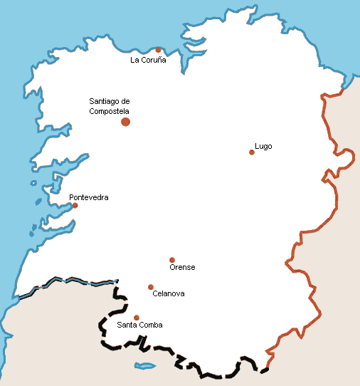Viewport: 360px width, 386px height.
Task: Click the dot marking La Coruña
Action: point(158,50)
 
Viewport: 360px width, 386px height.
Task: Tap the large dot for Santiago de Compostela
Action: point(126,122)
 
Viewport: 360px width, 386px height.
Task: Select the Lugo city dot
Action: point(252,152)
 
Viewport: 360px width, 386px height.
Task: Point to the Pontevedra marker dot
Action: point(75,205)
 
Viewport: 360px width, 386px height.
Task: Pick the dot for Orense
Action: point(172,260)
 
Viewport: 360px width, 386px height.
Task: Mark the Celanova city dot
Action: point(151,287)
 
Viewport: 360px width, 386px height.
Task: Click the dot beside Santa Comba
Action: point(137,318)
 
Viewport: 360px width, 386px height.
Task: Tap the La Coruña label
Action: point(148,61)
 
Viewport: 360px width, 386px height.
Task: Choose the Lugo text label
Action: point(263,147)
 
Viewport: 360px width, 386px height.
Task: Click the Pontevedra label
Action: point(89,197)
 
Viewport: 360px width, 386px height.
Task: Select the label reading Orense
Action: point(182,268)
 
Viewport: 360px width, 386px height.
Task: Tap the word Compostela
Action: point(109,111)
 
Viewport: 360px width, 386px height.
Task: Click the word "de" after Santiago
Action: point(126,101)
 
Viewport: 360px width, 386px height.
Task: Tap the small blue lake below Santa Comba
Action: point(145,366)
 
